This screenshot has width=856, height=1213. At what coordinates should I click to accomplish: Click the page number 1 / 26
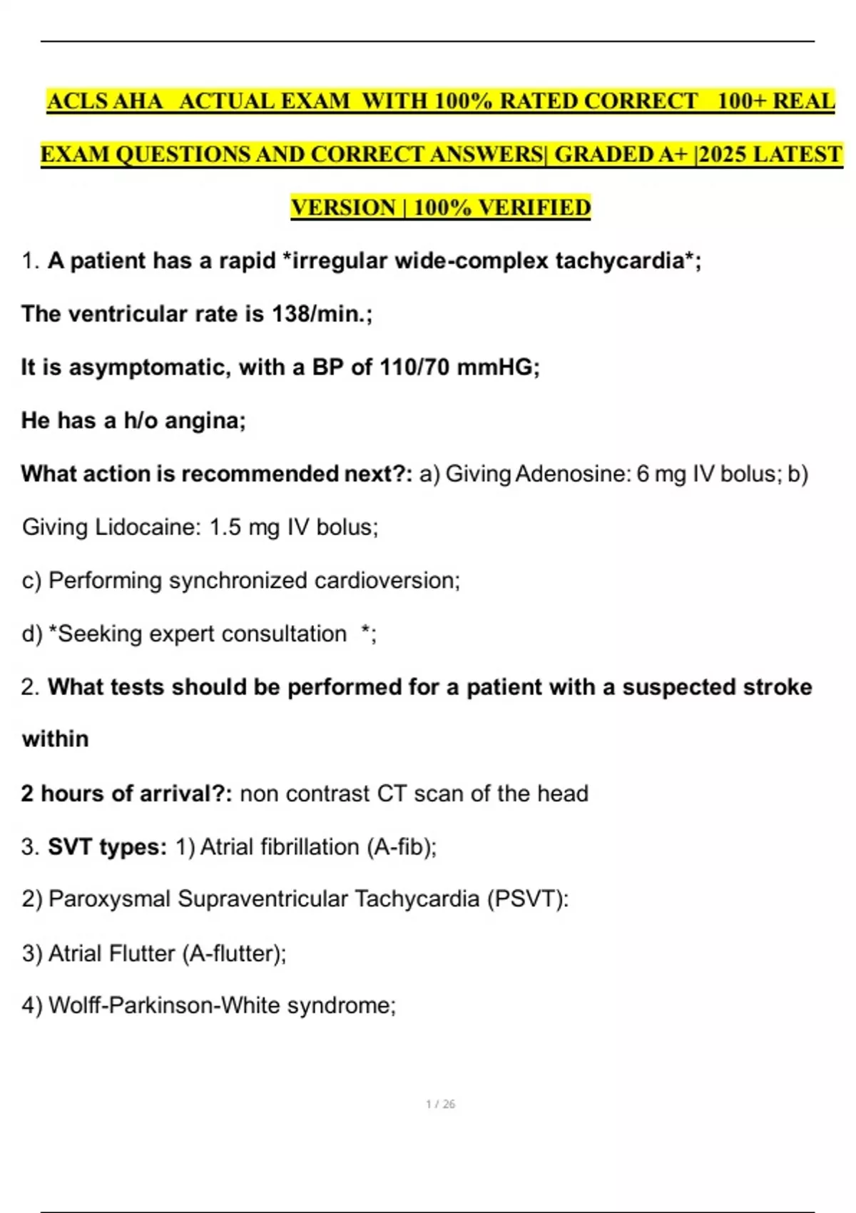coord(440,1104)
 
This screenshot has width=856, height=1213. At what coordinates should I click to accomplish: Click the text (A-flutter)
coord(234,953)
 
